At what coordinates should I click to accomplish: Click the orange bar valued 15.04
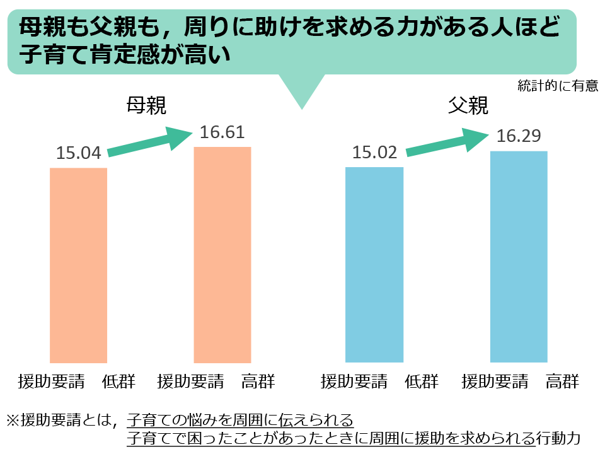(x=78, y=265)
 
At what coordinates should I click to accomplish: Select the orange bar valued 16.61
(x=222, y=255)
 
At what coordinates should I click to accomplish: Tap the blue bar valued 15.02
(x=374, y=264)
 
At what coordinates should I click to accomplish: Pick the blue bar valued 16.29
(x=518, y=257)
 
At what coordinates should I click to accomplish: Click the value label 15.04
(x=79, y=154)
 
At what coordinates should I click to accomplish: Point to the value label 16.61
(x=222, y=132)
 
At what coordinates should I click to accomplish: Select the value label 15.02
(x=374, y=153)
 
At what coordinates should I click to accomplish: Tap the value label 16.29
(x=518, y=136)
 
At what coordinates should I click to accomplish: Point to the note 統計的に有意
(x=557, y=86)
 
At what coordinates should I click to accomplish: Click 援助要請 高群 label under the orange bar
(x=216, y=381)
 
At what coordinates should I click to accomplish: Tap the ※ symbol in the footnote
(x=13, y=419)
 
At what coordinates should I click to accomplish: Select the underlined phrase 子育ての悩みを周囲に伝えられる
(x=240, y=419)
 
